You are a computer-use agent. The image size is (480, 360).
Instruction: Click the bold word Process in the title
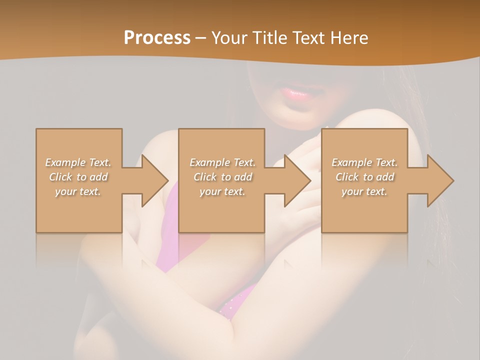coord(157,38)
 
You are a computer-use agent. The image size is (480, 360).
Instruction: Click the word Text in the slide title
coord(308,38)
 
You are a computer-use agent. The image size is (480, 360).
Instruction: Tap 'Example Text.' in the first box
coord(78,162)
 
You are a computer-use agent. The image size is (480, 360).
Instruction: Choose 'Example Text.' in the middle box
coord(222,162)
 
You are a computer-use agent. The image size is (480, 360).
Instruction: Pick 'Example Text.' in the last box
coord(364,162)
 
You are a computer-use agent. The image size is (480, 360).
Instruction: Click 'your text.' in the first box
coord(78,191)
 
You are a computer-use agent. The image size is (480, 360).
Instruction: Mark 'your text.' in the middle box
coord(222,191)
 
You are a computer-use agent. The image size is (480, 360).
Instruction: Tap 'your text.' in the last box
coord(364,191)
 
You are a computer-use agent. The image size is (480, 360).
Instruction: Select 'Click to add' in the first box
coord(78,177)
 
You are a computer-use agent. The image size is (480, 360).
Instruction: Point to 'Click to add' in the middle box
coord(222,177)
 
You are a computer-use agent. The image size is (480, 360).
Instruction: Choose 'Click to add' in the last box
coord(364,177)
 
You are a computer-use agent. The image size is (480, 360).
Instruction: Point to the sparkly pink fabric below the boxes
coord(235,302)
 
